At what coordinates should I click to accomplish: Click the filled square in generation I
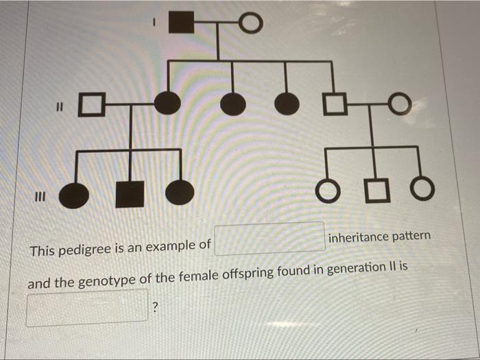tap(182, 23)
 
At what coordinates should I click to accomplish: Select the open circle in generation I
tap(252, 23)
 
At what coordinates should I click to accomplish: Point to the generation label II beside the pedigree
tap(60, 106)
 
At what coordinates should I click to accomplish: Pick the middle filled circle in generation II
tap(233, 104)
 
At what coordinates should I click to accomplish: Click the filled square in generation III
tap(130, 194)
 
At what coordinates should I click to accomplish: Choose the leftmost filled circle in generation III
tap(74, 196)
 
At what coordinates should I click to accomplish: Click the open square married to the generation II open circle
tap(335, 104)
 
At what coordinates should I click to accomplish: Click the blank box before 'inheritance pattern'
tap(269, 239)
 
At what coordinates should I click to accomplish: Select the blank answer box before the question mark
tap(87, 308)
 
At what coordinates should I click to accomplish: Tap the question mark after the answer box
tap(156, 307)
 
